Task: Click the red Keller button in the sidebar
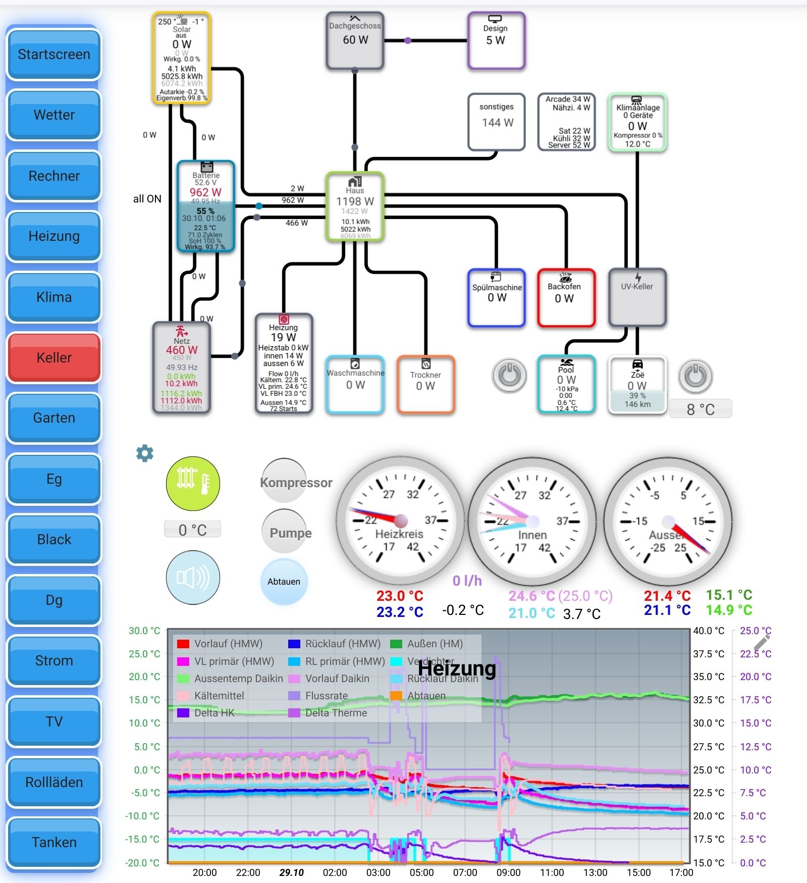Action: tap(54, 357)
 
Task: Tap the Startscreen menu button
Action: tap(54, 55)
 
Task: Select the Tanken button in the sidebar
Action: tap(54, 842)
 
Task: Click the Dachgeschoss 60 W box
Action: tap(355, 40)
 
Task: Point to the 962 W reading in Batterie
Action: tap(205, 192)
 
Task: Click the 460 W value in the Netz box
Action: tap(182, 350)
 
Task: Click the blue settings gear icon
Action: tap(145, 453)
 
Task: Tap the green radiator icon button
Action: tap(193, 483)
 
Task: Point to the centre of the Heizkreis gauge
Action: tap(401, 521)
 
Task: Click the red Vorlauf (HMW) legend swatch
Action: tap(183, 644)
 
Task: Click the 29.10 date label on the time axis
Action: tap(292, 872)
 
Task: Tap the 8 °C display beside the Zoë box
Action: tap(701, 409)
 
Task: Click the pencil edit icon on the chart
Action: tap(762, 642)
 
